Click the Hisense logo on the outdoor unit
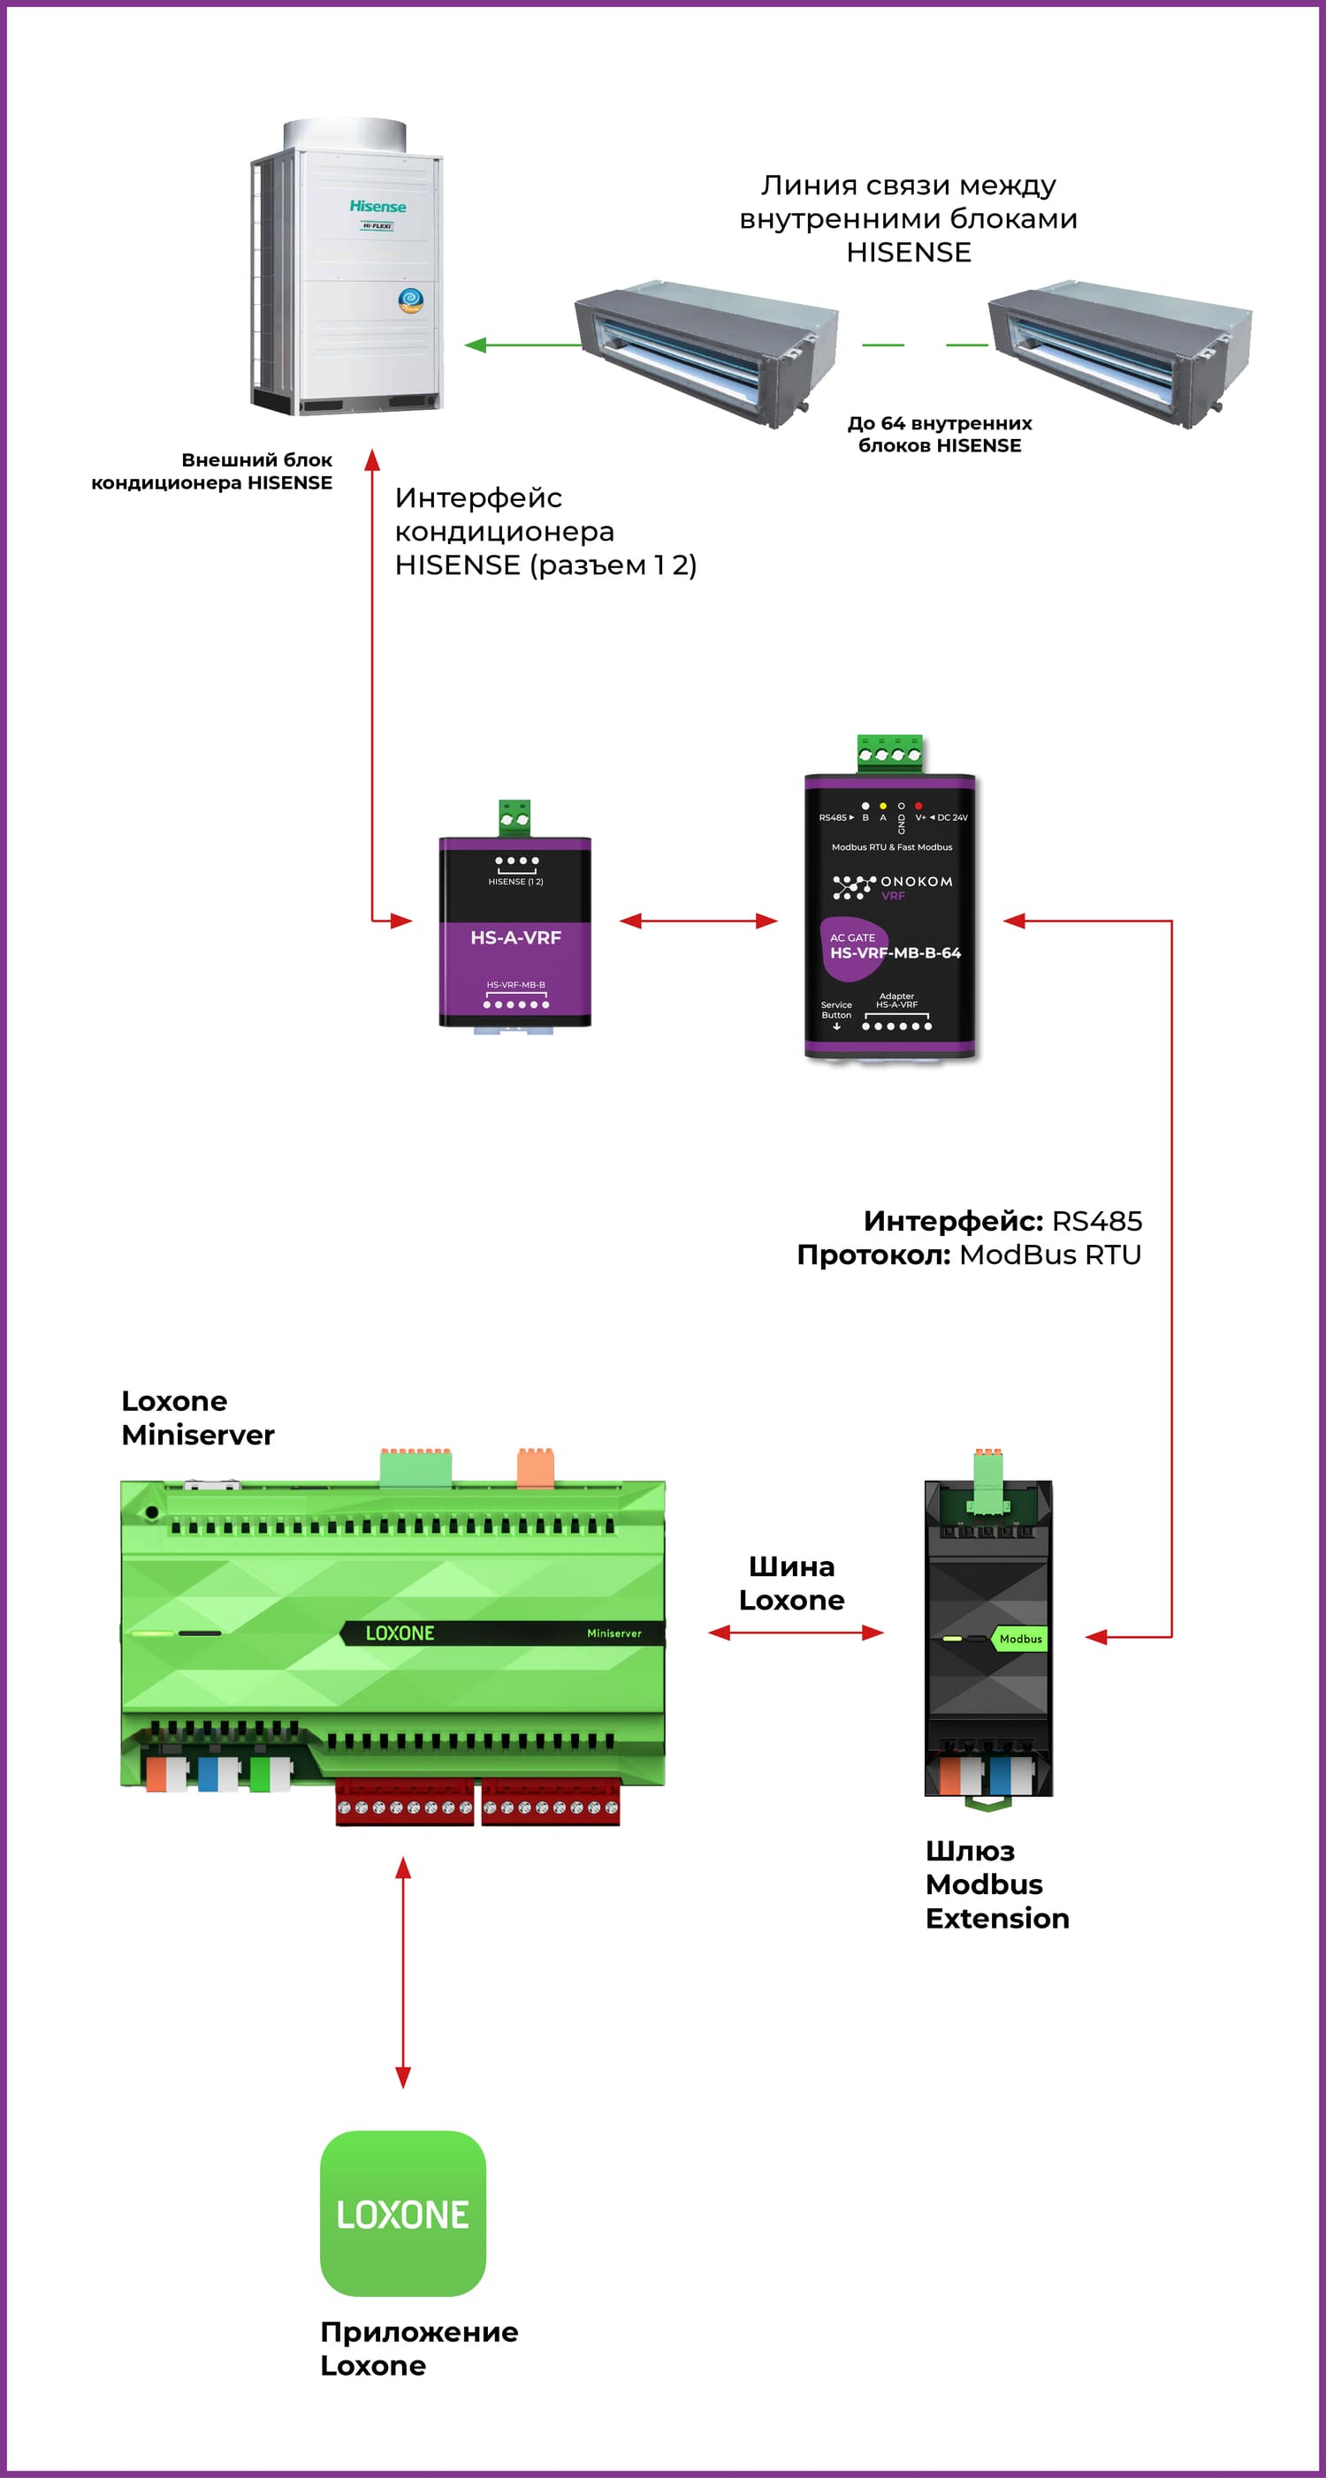pos(377,206)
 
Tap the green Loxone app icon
pos(402,2212)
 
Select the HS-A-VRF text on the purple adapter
pos(514,937)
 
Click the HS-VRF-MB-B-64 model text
pos(895,952)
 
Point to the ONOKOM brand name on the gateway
pos(915,881)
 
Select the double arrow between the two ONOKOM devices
pos(697,921)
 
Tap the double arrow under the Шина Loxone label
pos(795,1633)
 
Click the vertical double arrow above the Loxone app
pos(403,1972)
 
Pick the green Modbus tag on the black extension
pos(1019,1638)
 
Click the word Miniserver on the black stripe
pos(613,1633)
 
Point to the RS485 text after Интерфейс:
pos(1096,1221)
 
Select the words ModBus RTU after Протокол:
pos(1050,1254)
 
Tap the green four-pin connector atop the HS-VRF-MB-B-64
pos(889,754)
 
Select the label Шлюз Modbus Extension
pos(996,1884)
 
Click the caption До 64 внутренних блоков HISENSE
pos(939,434)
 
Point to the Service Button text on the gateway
pos(835,1010)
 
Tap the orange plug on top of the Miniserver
pos(535,1468)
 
